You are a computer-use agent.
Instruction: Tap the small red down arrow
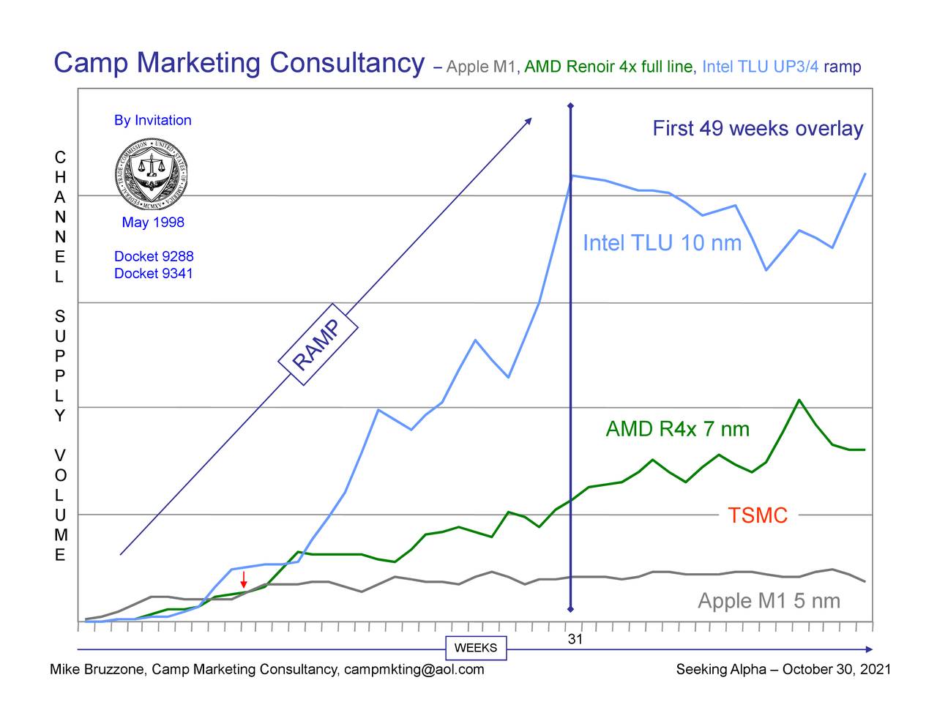click(243, 580)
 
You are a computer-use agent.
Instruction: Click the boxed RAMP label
click(317, 344)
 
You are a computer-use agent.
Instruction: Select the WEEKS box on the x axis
click(475, 648)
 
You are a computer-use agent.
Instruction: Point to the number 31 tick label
click(575, 639)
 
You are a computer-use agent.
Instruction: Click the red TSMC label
click(758, 515)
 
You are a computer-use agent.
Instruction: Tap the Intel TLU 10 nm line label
click(662, 243)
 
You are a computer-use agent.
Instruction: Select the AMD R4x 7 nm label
click(677, 429)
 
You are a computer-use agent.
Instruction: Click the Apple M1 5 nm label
click(769, 601)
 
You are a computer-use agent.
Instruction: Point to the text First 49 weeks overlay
click(758, 129)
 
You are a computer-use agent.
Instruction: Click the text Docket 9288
click(154, 256)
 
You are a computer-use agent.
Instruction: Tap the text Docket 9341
click(154, 273)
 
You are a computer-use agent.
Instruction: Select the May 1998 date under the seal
click(153, 223)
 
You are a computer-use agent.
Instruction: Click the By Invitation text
click(152, 120)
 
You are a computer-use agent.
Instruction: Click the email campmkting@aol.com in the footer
click(414, 669)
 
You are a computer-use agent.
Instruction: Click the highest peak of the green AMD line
click(799, 400)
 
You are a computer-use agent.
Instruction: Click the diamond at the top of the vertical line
click(570, 105)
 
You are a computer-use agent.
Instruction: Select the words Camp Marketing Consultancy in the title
click(239, 63)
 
